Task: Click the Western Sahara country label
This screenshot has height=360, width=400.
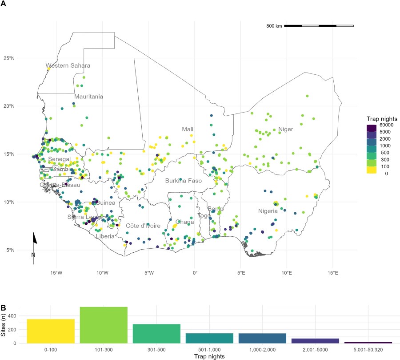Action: pyautogui.click(x=68, y=66)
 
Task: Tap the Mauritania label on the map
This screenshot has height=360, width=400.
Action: pyautogui.click(x=89, y=97)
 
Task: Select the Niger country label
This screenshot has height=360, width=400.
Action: pyautogui.click(x=286, y=129)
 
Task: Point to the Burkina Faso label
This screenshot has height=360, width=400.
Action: pyautogui.click(x=184, y=181)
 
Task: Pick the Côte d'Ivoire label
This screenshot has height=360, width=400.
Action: pyautogui.click(x=143, y=226)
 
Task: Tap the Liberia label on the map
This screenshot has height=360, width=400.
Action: pyautogui.click(x=105, y=236)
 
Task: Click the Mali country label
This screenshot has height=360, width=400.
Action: pyautogui.click(x=188, y=129)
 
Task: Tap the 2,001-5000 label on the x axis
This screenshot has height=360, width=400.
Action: pyautogui.click(x=315, y=350)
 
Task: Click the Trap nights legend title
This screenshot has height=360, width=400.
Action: pyautogui.click(x=381, y=119)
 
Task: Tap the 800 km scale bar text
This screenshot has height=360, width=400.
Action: pyautogui.click(x=274, y=26)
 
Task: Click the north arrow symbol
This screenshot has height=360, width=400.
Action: pyautogui.click(x=35, y=240)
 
